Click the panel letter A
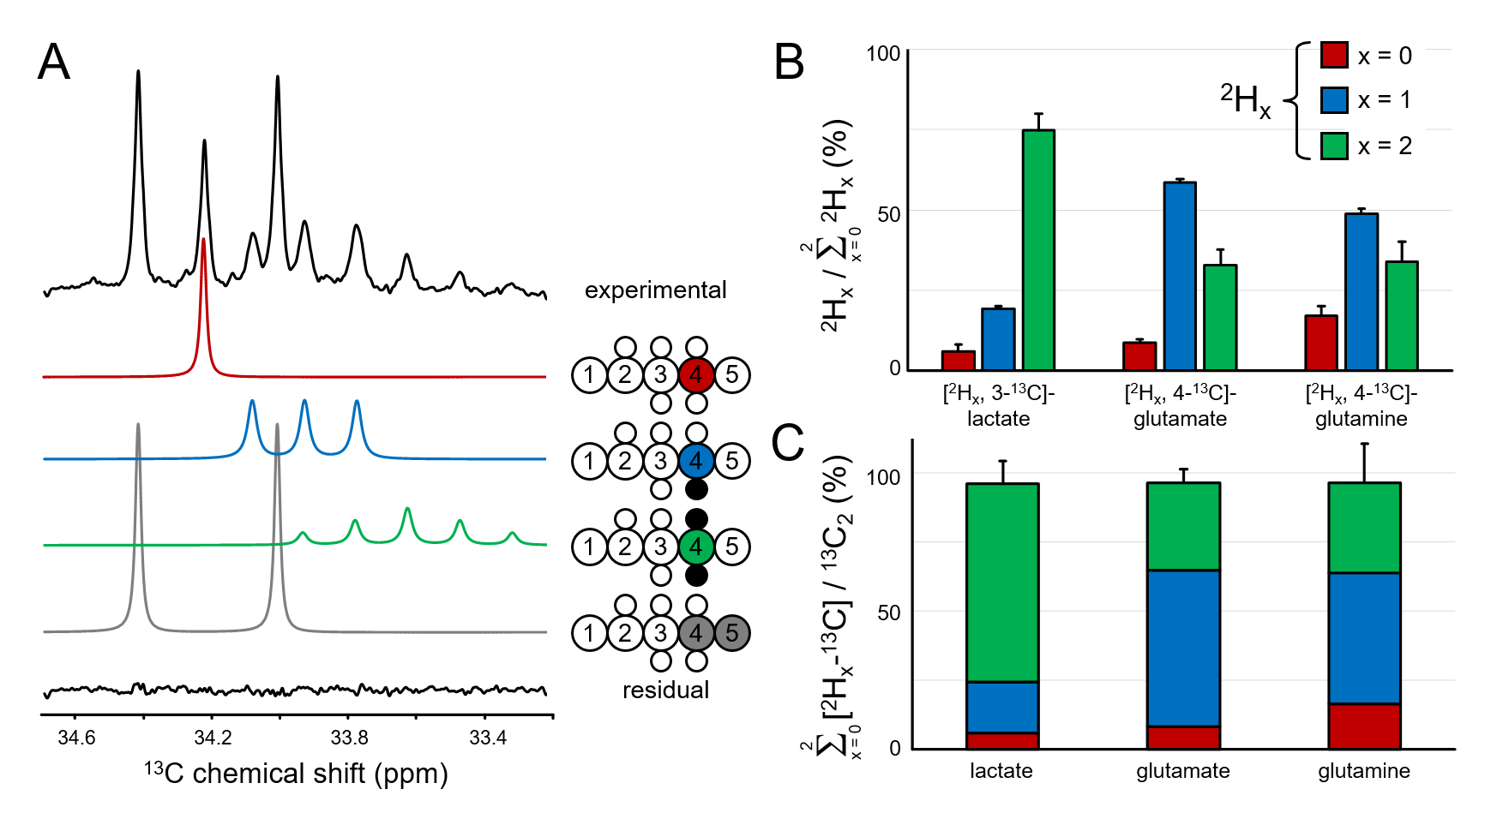(x=53, y=63)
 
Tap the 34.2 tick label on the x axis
(x=213, y=738)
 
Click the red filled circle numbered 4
(x=695, y=374)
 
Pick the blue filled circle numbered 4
(x=695, y=461)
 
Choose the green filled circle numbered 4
(x=695, y=547)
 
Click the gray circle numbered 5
(x=731, y=633)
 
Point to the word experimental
(x=655, y=290)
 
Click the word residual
(x=665, y=690)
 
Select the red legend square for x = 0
(x=1333, y=56)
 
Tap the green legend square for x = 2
(x=1333, y=146)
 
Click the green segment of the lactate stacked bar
(x=1002, y=583)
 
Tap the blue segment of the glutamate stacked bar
(x=1183, y=648)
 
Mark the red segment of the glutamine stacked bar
(x=1364, y=726)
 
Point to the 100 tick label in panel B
(x=883, y=54)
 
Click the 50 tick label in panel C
(x=889, y=613)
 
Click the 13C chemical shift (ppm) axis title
(x=296, y=773)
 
